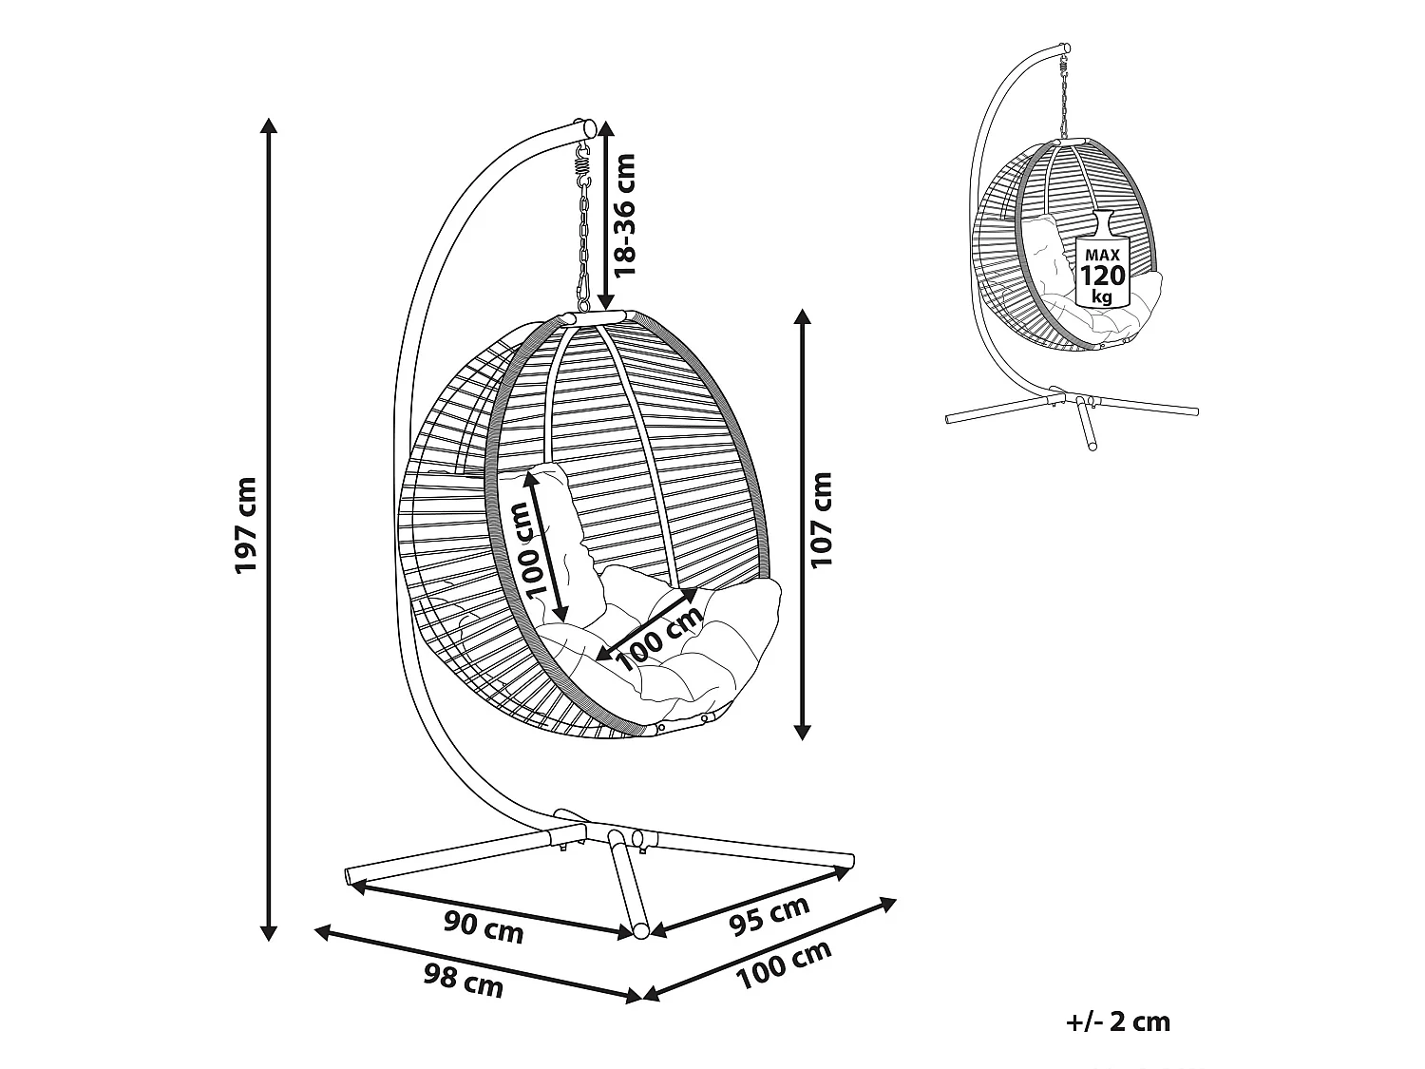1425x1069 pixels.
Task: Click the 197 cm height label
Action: (247, 525)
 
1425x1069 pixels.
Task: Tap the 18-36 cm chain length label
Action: (624, 216)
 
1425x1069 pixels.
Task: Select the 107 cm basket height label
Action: (821, 520)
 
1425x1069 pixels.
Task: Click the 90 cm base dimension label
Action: (484, 927)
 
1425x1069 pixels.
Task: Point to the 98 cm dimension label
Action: (464, 981)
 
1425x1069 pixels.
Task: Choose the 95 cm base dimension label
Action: (769, 916)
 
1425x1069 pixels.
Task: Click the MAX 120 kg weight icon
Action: (1102, 259)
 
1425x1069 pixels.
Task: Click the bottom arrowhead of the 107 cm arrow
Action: (803, 732)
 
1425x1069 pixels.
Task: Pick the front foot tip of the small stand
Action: (1092, 446)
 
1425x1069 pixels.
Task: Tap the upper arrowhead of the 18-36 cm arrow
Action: (606, 128)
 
